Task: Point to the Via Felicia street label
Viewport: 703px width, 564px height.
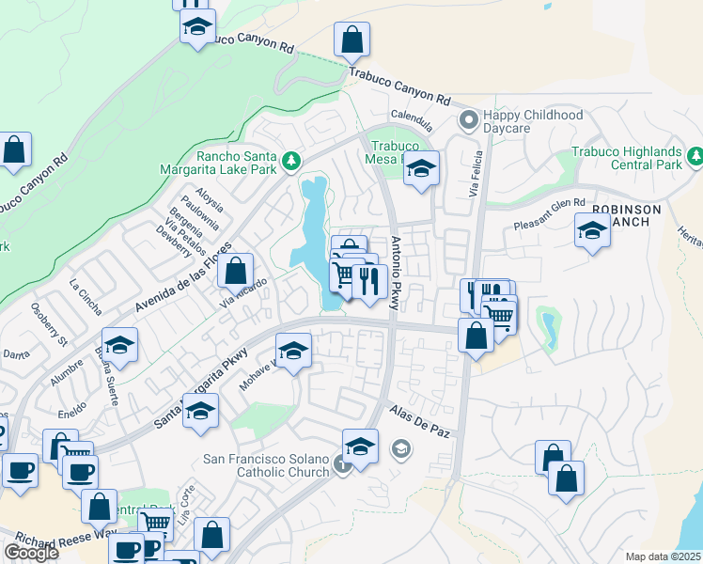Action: [475, 174]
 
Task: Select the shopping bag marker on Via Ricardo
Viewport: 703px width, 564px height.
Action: [236, 271]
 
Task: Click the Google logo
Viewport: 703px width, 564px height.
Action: [31, 553]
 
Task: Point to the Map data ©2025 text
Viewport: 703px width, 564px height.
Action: [664, 556]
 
